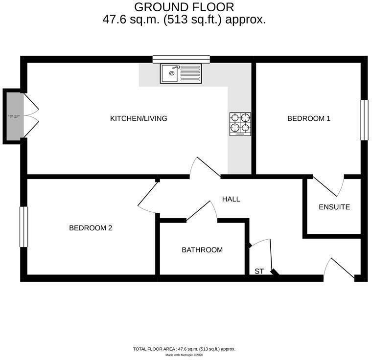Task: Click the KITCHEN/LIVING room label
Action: [x=139, y=118]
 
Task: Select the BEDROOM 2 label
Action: [x=91, y=228]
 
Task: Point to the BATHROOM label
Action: [x=202, y=250]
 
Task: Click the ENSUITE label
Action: [x=334, y=207]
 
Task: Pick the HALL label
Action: [x=231, y=199]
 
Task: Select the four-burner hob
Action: [x=240, y=124]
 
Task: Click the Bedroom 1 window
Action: [x=364, y=120]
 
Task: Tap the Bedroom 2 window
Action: [x=23, y=227]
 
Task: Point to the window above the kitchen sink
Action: [x=181, y=59]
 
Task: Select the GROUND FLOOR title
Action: [x=184, y=7]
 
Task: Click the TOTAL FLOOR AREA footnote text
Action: [x=184, y=349]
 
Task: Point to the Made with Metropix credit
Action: [x=184, y=355]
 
